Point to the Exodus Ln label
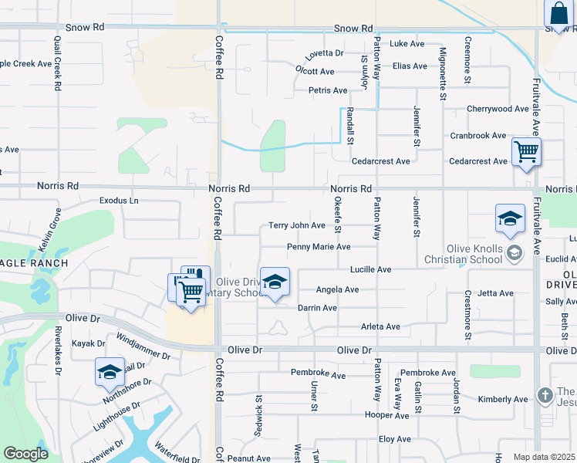point(119,201)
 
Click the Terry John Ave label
point(297,225)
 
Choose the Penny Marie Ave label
point(319,247)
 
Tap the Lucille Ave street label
point(370,269)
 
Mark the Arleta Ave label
point(381,326)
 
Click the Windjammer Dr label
point(143,347)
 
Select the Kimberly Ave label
point(502,399)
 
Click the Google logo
point(25,454)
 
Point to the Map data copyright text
point(544,457)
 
